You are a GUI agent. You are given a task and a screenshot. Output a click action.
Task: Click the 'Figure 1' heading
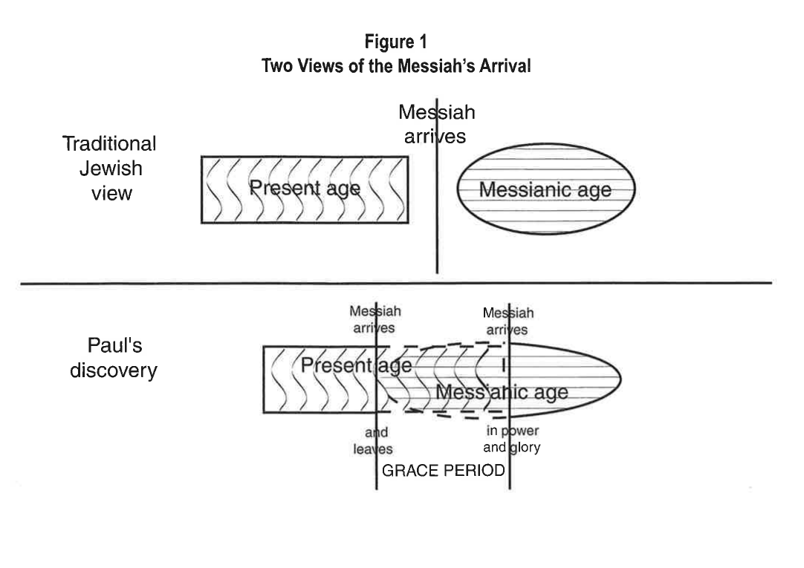pos(395,43)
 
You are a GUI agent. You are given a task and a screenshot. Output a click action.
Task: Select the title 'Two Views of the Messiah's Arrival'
pos(395,65)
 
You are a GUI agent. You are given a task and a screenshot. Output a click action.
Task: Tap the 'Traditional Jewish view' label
pos(108,169)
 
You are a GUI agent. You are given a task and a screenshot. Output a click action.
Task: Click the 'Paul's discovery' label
pos(113,359)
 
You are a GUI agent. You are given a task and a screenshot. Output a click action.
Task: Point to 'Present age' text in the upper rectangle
pos(304,188)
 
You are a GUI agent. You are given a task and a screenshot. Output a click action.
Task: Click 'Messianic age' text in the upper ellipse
pos(545,190)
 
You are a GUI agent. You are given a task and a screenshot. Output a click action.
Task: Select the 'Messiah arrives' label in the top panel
pos(436,125)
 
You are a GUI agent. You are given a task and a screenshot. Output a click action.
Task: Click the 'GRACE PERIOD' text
pos(443,471)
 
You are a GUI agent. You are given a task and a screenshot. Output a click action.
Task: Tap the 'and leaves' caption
pos(373,440)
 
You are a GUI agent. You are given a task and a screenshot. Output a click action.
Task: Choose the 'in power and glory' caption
pos(513,439)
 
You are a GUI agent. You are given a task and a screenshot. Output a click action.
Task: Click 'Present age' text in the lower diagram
pos(356,365)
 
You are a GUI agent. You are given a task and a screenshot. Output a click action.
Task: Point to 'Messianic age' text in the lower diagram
pos(502,392)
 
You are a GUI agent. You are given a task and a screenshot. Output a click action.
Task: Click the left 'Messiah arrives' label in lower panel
pos(375,320)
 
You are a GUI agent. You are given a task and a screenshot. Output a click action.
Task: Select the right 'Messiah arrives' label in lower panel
pos(508,321)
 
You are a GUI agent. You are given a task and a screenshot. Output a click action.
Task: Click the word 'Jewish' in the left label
pos(111,169)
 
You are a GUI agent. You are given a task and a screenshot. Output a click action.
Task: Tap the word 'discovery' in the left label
pos(113,370)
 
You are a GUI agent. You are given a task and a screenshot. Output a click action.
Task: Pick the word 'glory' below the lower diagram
pos(525,447)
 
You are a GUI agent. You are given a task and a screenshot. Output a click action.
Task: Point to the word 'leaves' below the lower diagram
pos(373,448)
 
